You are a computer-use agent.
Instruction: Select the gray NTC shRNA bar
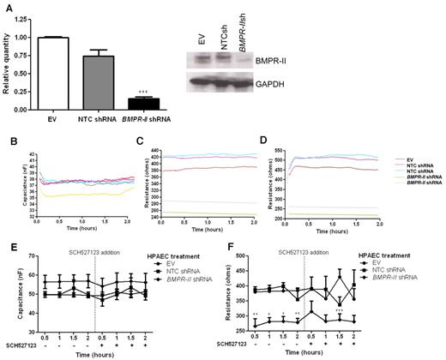point(102,82)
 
